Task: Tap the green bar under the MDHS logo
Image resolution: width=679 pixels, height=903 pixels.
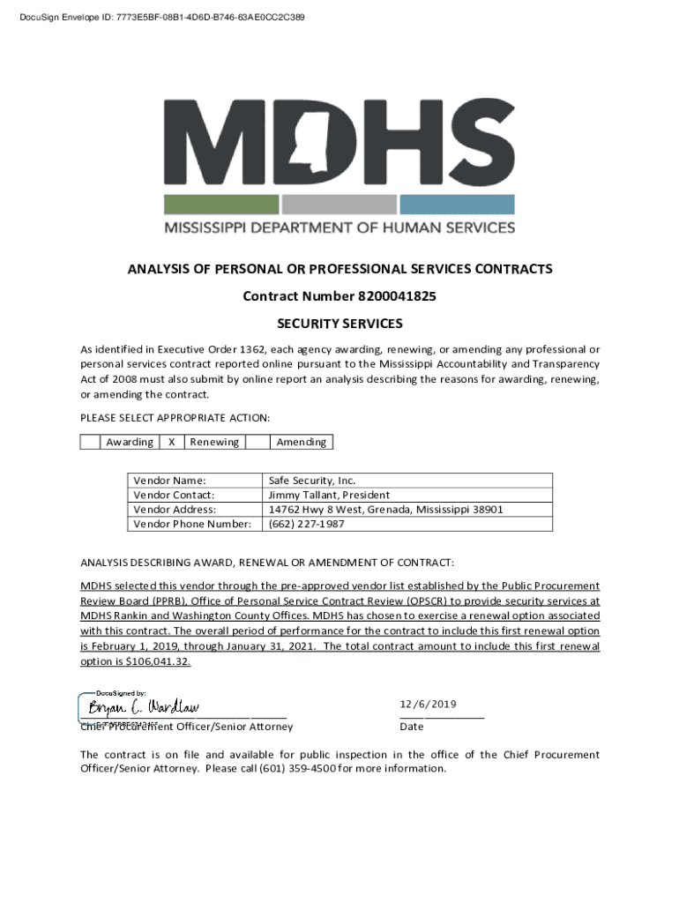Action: [x=221, y=205]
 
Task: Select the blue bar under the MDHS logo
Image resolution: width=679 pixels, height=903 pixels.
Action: [x=456, y=205]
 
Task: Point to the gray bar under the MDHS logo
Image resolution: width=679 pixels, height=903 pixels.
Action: [x=339, y=205]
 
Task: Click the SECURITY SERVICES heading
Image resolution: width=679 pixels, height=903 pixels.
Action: [x=339, y=324]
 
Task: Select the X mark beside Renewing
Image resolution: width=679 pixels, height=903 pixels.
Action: [x=170, y=442]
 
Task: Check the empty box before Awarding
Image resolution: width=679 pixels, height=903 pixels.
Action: [x=90, y=442]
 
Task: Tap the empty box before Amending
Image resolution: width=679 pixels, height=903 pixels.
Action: [x=256, y=442]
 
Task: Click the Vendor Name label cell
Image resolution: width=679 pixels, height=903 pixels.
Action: [x=169, y=481]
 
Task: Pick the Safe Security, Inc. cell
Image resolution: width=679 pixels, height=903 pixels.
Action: [x=311, y=481]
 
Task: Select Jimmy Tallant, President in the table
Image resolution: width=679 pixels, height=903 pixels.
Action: [x=328, y=495]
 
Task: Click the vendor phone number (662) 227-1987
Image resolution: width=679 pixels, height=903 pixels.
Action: [x=306, y=524]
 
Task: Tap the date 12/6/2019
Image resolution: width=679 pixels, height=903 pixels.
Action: [x=428, y=704]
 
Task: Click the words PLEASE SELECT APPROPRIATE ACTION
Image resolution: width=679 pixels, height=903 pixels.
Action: [x=175, y=417]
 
